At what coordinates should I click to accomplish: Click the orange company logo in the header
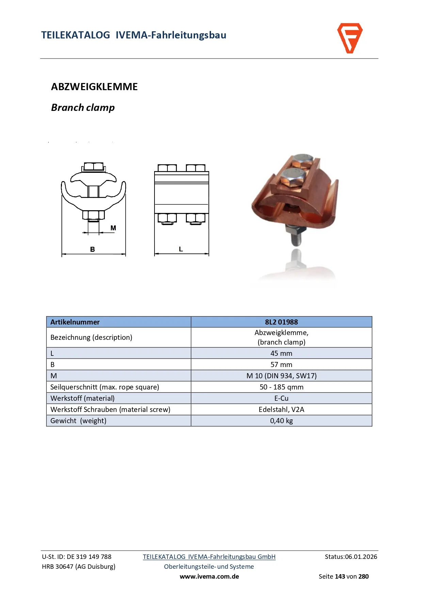click(350, 38)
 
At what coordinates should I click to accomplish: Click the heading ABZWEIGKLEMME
click(94, 87)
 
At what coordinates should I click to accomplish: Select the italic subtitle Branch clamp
click(83, 107)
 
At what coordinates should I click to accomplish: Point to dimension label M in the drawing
click(113, 228)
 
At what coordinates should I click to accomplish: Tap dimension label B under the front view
click(93, 249)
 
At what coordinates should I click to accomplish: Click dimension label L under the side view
click(181, 249)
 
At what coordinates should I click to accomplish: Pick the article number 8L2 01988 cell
click(281, 322)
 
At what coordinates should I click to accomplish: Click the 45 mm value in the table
click(281, 353)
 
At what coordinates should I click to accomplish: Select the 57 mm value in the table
click(281, 364)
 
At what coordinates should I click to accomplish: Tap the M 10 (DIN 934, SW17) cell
click(281, 376)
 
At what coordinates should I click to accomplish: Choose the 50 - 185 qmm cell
click(281, 387)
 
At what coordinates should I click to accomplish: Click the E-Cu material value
click(281, 398)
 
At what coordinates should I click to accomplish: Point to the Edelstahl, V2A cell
click(281, 409)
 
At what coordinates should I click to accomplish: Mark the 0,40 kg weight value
click(281, 420)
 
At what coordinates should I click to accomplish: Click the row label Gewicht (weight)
click(78, 420)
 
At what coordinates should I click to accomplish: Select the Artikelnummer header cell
click(75, 322)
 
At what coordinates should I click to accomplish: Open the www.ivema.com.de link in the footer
click(209, 576)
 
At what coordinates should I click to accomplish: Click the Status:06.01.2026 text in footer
click(351, 557)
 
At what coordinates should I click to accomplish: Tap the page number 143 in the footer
click(340, 576)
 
